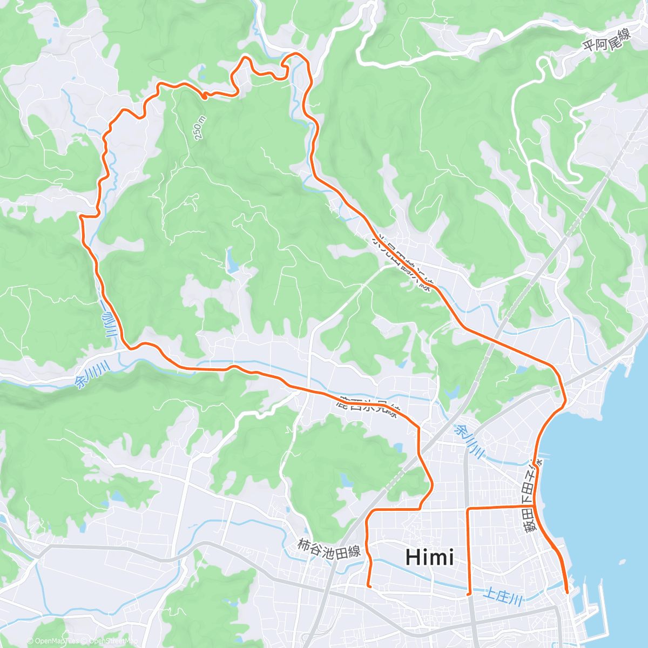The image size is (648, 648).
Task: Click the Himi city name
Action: pos(429,557)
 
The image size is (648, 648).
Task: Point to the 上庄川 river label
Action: pos(503,597)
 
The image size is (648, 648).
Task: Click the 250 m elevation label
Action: pos(199,128)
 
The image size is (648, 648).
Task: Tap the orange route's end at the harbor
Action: pos(566,592)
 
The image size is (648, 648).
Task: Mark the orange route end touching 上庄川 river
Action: pos(469,593)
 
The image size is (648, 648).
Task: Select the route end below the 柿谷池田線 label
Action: pos(369,585)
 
